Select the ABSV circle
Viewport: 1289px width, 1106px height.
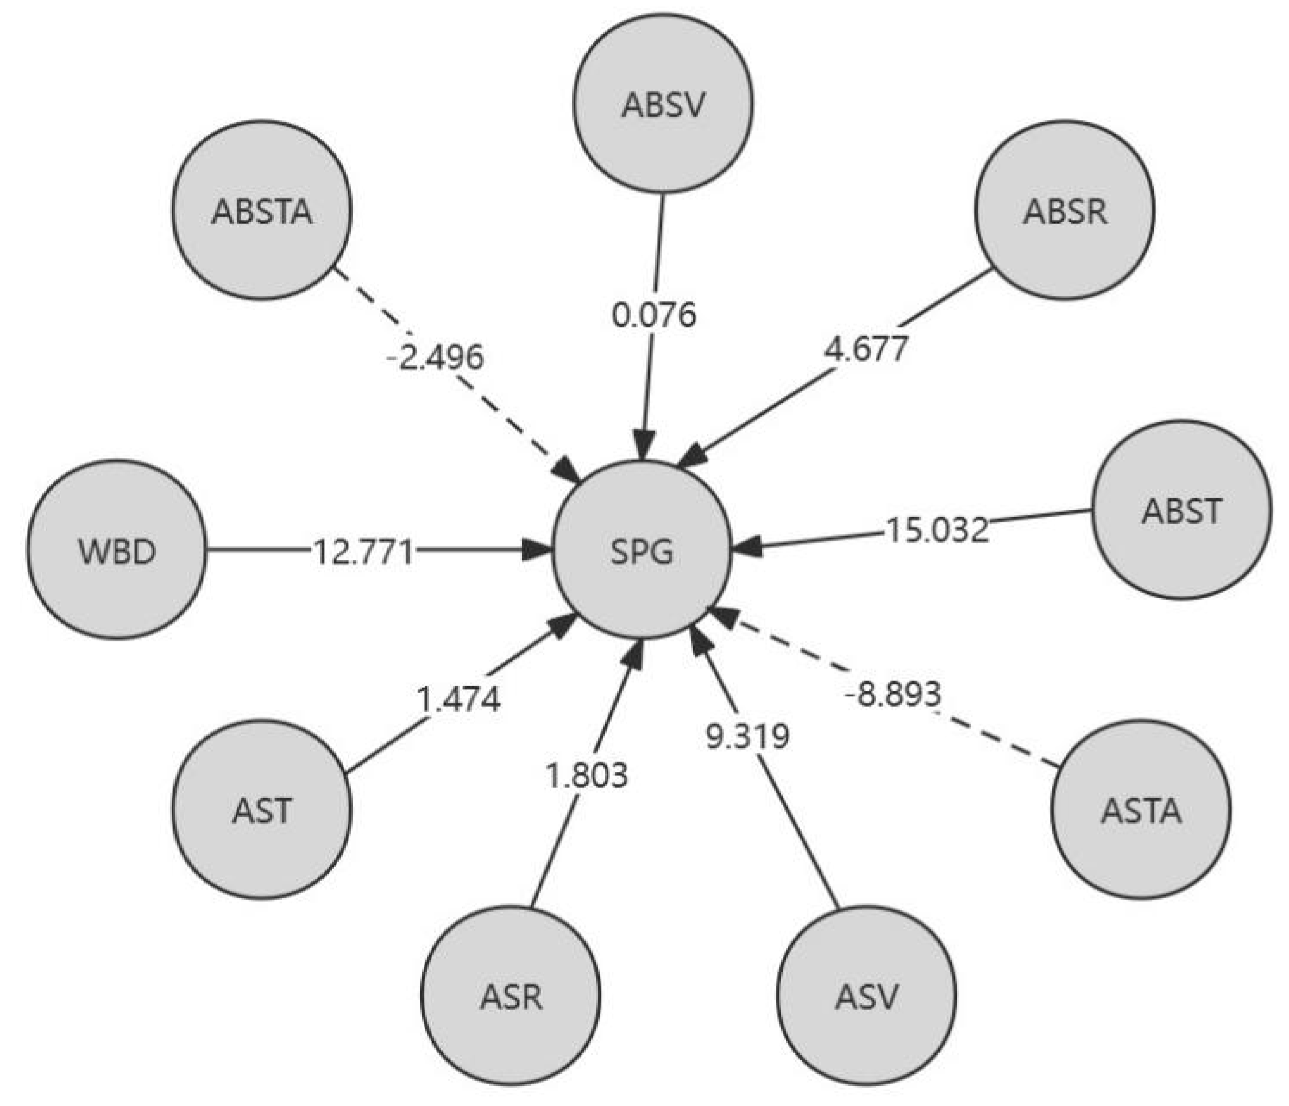pyautogui.click(x=663, y=104)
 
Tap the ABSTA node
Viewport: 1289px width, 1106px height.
pyautogui.click(x=261, y=211)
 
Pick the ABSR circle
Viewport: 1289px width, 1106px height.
pyautogui.click(x=1065, y=211)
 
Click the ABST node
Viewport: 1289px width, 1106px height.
pyautogui.click(x=1181, y=510)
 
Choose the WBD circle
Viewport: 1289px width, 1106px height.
pyautogui.click(x=116, y=550)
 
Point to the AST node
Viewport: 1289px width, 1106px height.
pyautogui.click(x=261, y=810)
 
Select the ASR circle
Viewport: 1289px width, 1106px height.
pyautogui.click(x=510, y=995)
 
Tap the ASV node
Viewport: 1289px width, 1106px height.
pyautogui.click(x=866, y=995)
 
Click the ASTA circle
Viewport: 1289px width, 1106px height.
pyautogui.click(x=1141, y=810)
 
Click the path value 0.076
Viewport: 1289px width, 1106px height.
pyautogui.click(x=654, y=314)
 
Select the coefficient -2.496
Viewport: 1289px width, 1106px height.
pyautogui.click(x=436, y=357)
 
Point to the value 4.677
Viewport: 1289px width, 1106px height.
pyautogui.click(x=866, y=348)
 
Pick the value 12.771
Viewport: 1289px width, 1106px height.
pyautogui.click(x=363, y=552)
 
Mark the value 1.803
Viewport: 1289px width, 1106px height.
pyautogui.click(x=588, y=775)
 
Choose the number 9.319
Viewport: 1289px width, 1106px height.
pyautogui.click(x=748, y=736)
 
